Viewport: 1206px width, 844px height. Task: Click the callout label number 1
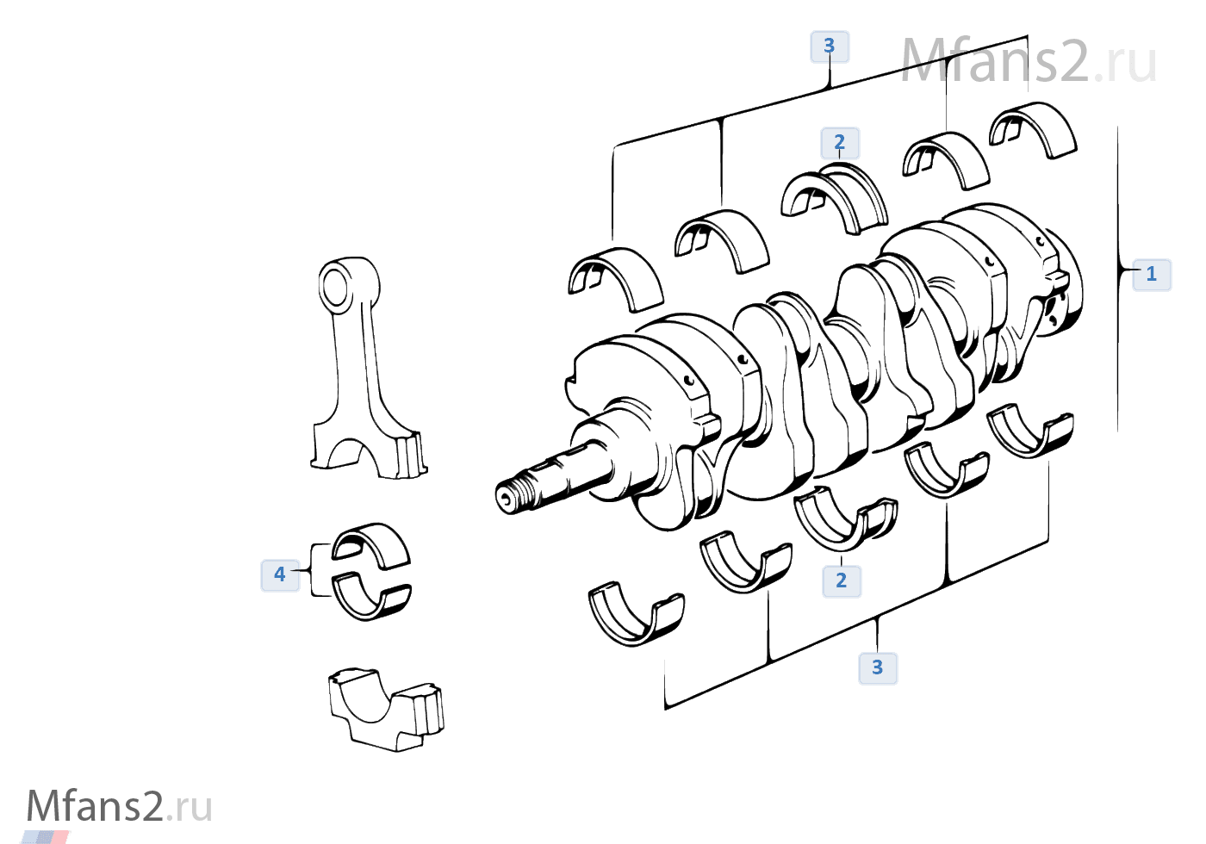point(1151,275)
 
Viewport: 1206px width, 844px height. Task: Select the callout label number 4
point(280,574)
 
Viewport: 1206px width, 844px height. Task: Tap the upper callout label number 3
point(829,46)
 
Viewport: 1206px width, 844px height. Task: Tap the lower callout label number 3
point(877,667)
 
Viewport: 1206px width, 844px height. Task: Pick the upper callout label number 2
point(840,142)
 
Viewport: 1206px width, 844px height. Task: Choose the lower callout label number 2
point(841,580)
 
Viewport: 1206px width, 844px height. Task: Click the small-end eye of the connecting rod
point(335,285)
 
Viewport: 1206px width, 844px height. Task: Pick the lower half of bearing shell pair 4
point(371,599)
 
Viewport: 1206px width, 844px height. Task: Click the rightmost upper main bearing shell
point(1034,129)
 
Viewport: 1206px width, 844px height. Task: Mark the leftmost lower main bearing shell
point(636,615)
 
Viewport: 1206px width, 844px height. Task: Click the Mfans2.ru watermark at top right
point(1028,62)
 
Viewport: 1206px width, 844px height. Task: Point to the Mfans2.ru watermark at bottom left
point(119,807)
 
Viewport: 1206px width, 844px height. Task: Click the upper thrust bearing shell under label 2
point(836,198)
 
